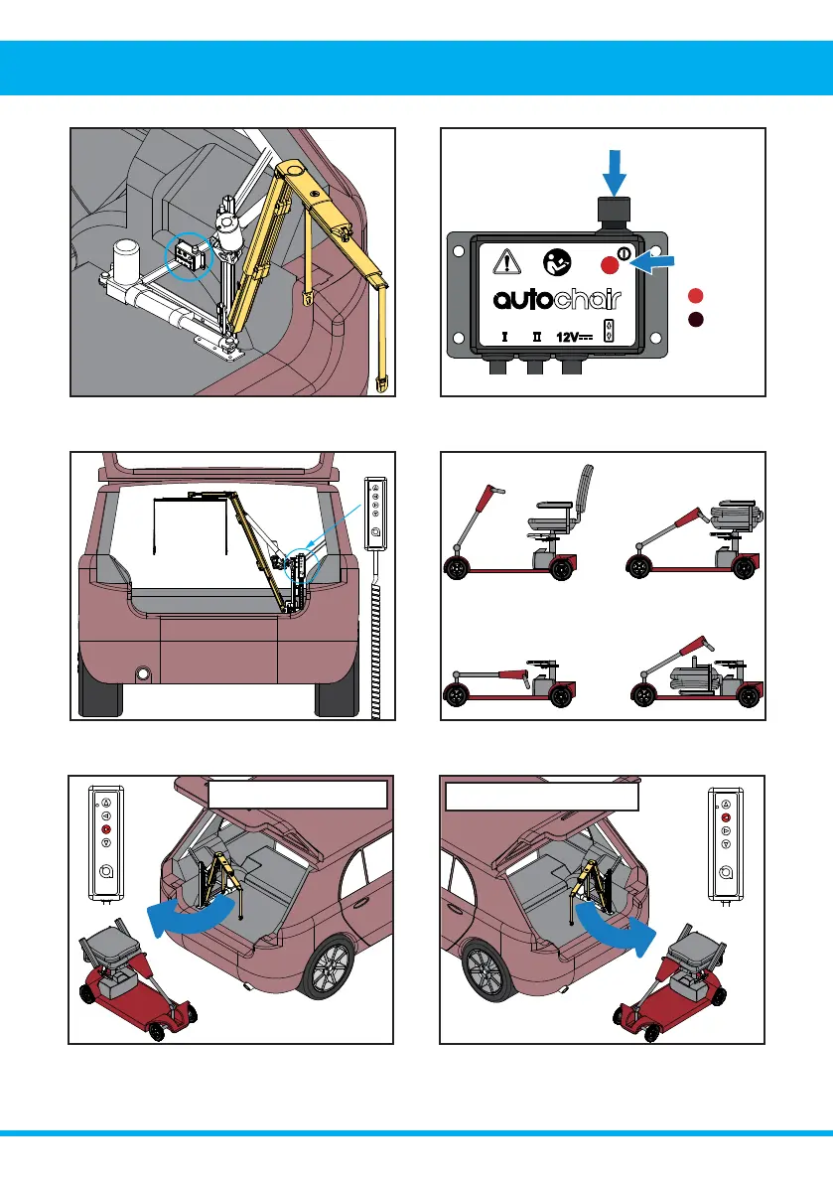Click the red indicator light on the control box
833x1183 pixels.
(610, 265)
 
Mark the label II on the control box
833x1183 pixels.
(537, 337)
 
